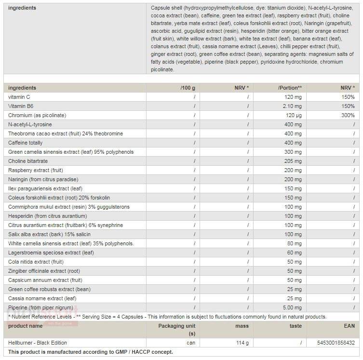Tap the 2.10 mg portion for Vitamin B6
(x=293, y=106)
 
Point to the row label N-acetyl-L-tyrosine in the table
(x=30, y=124)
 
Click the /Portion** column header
(x=290, y=88)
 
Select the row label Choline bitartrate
(x=28, y=161)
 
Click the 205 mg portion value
(x=294, y=161)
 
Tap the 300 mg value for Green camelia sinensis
(x=294, y=152)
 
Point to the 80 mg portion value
(x=295, y=243)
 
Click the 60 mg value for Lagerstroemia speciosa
(x=295, y=253)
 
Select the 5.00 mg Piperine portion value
(x=293, y=307)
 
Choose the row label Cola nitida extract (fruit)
(x=36, y=262)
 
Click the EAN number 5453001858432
(x=336, y=343)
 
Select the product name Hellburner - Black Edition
(x=38, y=343)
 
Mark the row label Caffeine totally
(x=26, y=143)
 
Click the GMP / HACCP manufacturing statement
(x=91, y=352)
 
